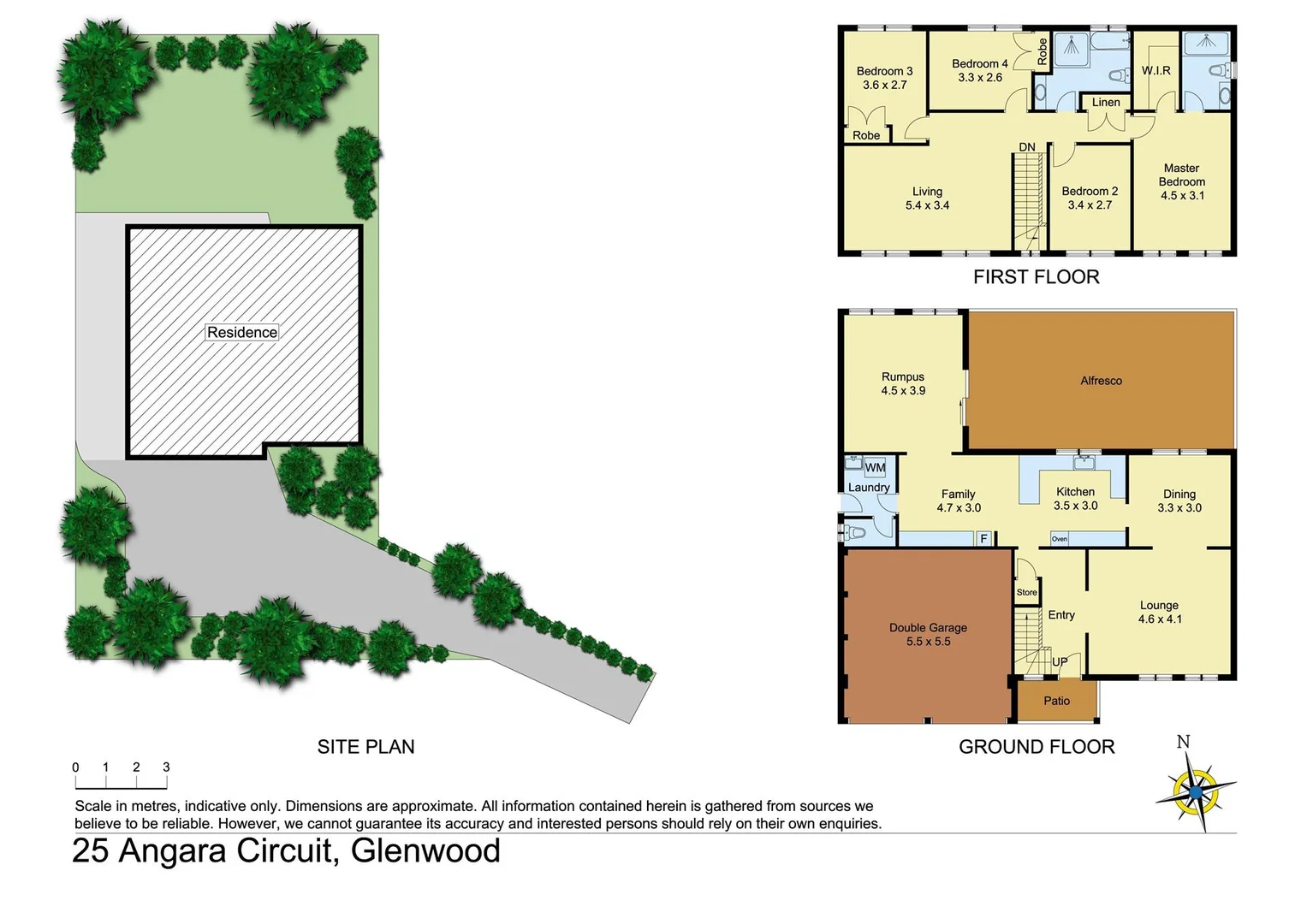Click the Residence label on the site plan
point(242,332)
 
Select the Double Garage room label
point(928,628)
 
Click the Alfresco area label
point(1101,381)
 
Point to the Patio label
point(1056,701)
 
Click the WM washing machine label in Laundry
point(875,468)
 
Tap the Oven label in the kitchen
point(1059,539)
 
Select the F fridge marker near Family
point(984,539)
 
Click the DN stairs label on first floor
point(1027,147)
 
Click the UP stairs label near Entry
point(1060,662)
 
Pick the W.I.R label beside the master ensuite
point(1156,71)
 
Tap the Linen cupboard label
point(1106,103)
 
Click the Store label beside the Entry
point(1026,592)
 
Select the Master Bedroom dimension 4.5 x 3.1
point(1182,196)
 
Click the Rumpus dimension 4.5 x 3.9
point(903,391)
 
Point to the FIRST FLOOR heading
point(1036,277)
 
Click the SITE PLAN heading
point(365,747)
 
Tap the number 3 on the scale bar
point(166,767)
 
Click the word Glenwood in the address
point(425,851)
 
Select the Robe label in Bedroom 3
point(866,135)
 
